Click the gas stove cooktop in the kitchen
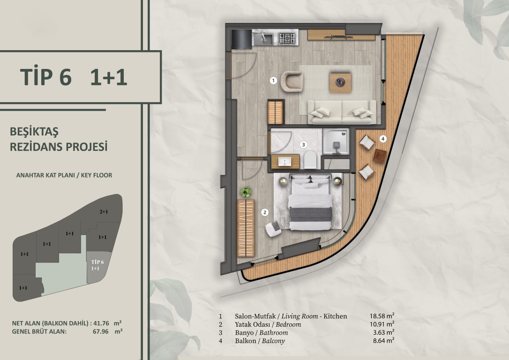coord(287,39)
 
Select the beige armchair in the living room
coord(292,81)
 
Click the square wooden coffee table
coord(340,83)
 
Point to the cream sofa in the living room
coord(342,112)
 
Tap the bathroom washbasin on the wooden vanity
coord(284,162)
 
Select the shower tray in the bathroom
coord(336,142)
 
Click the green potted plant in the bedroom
coord(246,192)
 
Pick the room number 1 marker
coord(273,80)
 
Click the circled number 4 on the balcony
coord(383,139)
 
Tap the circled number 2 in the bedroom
coord(265,213)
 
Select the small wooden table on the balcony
coord(380,156)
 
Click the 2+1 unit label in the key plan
coord(104,212)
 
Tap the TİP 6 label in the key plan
coord(97,262)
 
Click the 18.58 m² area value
coord(382,315)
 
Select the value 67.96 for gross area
coord(101,332)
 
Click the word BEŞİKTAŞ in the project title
coord(34,132)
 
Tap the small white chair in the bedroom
coord(273,229)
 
